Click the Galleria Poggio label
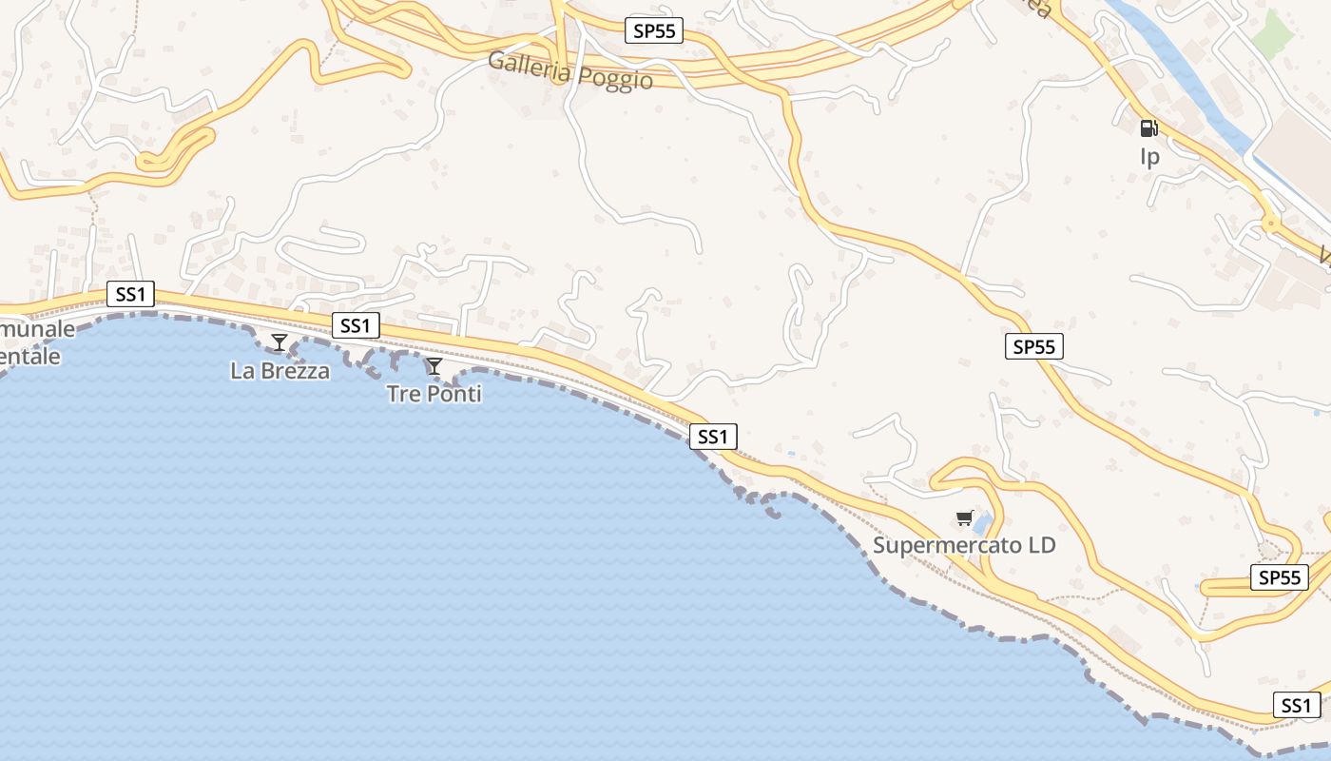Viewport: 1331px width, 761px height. [570, 71]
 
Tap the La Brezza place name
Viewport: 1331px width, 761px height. [280, 371]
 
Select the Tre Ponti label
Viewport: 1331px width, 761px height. [434, 393]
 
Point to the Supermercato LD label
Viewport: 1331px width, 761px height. [964, 546]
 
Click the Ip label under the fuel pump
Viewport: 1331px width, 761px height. [1149, 156]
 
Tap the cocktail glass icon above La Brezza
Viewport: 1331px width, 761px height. [280, 342]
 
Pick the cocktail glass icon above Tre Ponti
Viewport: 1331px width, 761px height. [434, 366]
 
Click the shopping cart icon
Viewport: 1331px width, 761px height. [964, 518]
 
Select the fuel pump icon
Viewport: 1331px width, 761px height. [1148, 128]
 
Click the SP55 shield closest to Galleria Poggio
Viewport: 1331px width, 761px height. [655, 30]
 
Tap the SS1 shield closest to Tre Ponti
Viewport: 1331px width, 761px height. [355, 325]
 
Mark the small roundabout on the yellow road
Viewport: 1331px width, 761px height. [1270, 224]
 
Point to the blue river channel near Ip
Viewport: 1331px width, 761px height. [1188, 76]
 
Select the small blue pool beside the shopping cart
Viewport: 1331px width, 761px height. [982, 522]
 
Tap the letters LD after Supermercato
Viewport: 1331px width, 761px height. [1041, 546]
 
